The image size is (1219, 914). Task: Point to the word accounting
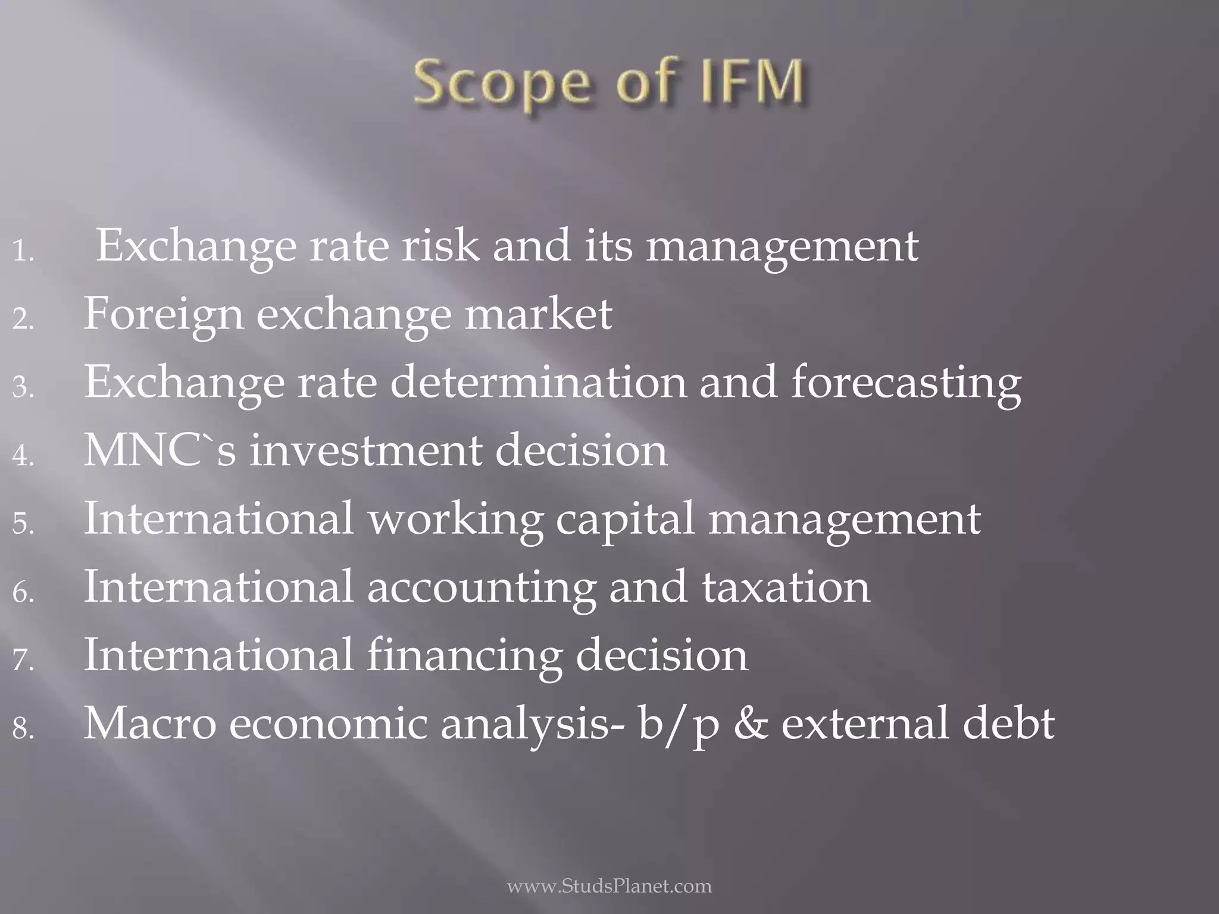click(x=481, y=587)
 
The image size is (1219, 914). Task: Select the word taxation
click(x=785, y=587)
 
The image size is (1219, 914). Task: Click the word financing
click(x=464, y=656)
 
